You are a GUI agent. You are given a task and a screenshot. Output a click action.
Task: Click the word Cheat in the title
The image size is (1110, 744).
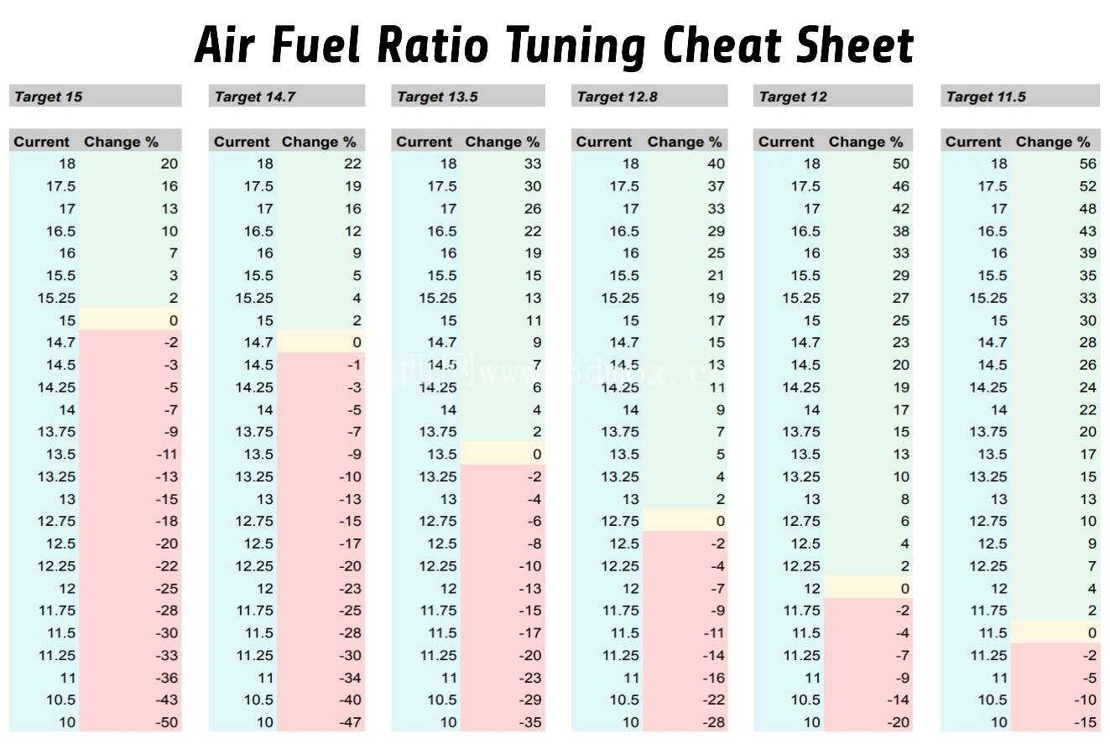(723, 45)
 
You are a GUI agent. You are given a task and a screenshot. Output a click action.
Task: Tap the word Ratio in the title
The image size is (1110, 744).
(433, 45)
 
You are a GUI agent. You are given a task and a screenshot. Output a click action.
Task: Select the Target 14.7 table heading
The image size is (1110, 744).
(255, 96)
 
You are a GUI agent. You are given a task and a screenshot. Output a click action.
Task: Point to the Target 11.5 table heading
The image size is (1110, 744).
(986, 96)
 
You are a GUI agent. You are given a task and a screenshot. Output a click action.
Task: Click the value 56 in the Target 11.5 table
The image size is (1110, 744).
(1087, 164)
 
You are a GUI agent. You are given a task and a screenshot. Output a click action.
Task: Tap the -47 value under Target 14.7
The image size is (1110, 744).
(350, 722)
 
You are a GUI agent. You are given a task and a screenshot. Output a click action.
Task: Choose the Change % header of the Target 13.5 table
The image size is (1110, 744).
(502, 142)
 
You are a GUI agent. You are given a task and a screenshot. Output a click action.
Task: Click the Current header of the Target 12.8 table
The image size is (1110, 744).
(603, 142)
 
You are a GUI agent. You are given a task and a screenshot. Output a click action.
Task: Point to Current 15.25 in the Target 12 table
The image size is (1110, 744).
(800, 298)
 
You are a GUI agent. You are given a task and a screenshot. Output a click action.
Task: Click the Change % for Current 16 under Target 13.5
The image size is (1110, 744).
(533, 253)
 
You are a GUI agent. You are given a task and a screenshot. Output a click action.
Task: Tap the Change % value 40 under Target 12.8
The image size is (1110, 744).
(716, 164)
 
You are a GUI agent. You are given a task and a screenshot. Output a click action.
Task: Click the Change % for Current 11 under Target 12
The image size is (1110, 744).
(903, 678)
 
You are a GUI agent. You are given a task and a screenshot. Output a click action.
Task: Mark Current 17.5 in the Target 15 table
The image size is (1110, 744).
(61, 186)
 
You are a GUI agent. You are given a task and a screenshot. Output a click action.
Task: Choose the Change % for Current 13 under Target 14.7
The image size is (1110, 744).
(350, 499)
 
